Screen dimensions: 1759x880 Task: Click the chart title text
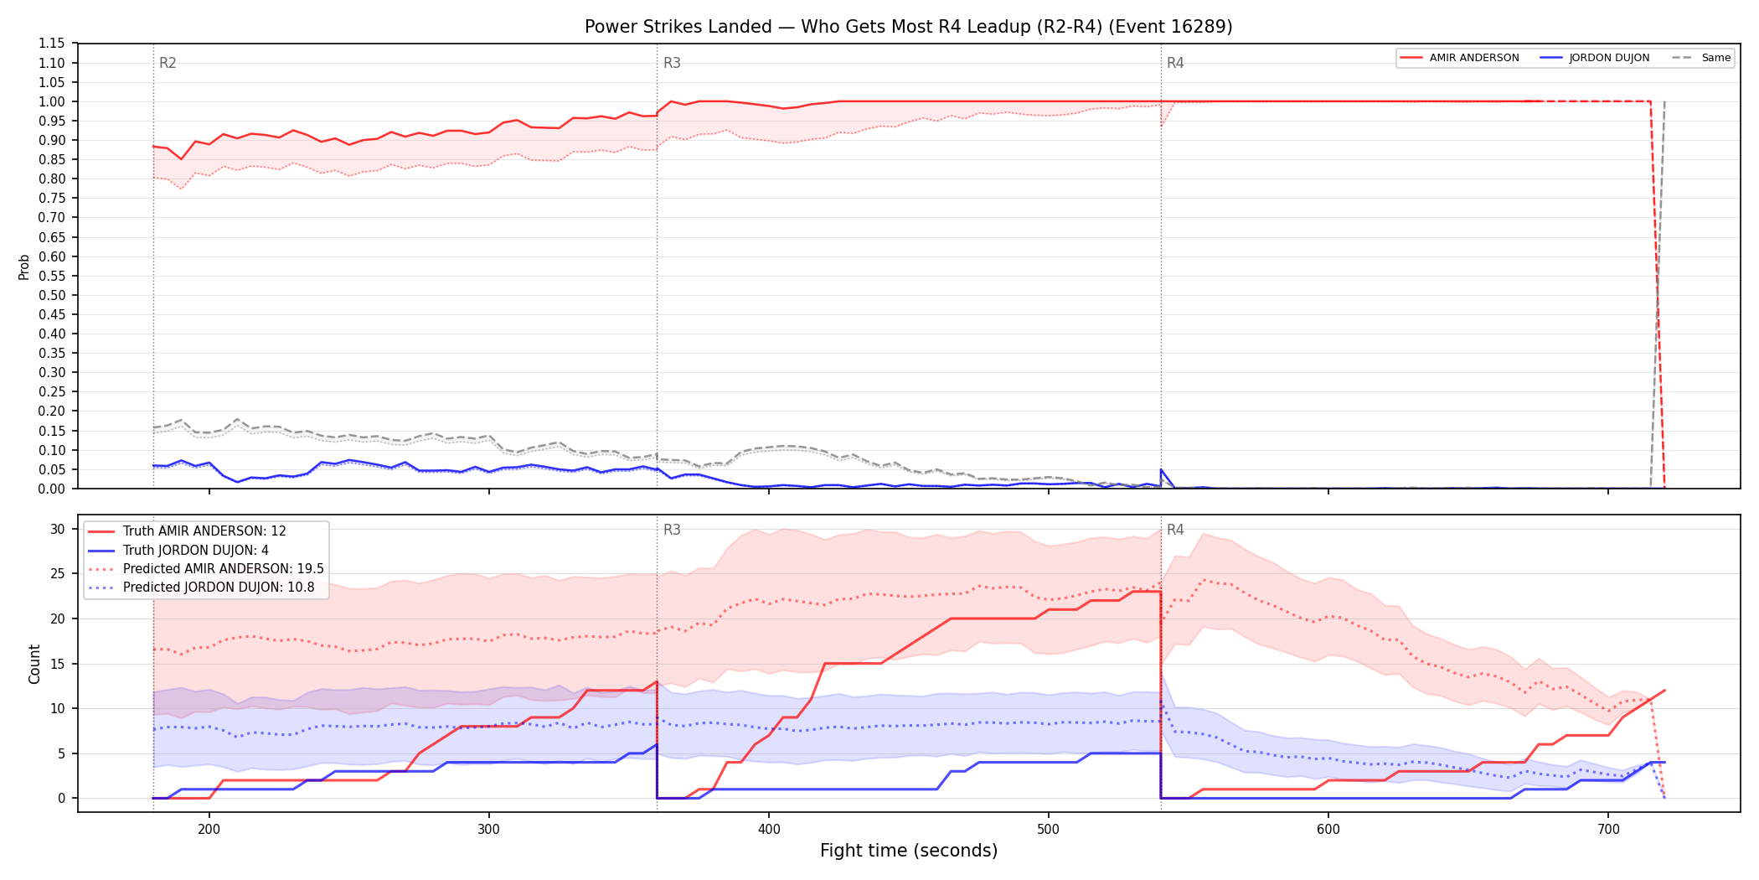[908, 27]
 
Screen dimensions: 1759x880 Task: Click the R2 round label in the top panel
[168, 63]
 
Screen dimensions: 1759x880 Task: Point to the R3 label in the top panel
[672, 63]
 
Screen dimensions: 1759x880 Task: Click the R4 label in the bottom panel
[1175, 530]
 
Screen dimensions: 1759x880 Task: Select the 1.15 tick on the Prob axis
[52, 44]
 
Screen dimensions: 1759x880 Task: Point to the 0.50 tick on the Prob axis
[52, 295]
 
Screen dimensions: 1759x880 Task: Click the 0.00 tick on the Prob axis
[52, 489]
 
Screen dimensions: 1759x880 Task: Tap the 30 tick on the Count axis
[58, 529]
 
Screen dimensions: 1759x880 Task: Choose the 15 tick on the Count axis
[58, 664]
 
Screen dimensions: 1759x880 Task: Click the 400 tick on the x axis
[769, 830]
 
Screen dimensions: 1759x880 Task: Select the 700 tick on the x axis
[1608, 830]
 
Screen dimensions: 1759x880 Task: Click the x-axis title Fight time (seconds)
[909, 851]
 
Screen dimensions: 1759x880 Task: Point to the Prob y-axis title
[24, 267]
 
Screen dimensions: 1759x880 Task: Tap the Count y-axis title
[34, 664]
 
